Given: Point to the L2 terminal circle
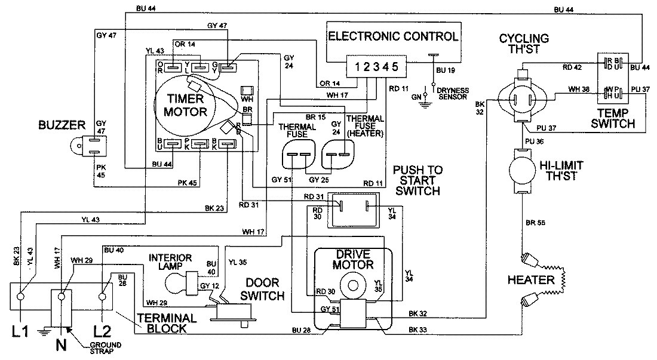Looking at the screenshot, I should coord(102,295).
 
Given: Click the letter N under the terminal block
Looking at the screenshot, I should coord(60,344).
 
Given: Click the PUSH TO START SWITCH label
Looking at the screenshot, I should coord(417,180).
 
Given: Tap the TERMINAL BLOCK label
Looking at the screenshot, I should coord(167,323).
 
